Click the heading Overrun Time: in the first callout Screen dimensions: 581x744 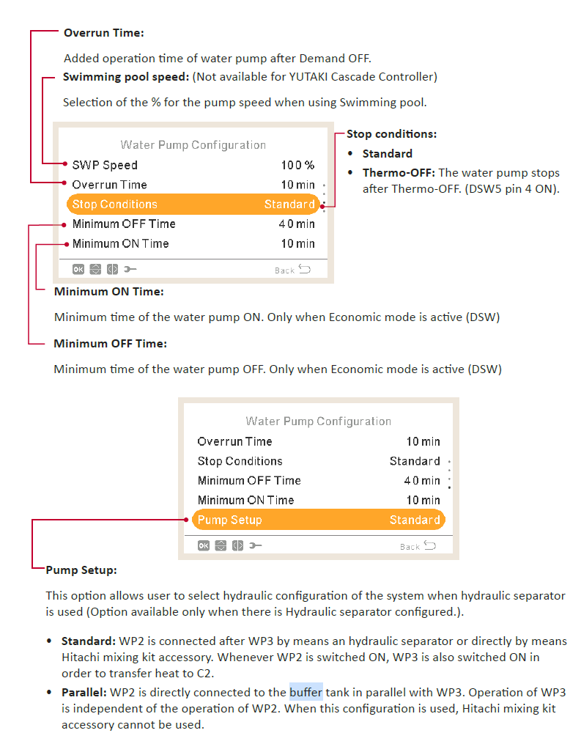coord(104,33)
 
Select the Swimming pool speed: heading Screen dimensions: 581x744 coord(126,77)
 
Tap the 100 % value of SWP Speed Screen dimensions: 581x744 coord(298,165)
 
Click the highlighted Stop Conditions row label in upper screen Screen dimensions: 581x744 coord(115,204)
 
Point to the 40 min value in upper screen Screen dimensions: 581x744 coord(297,224)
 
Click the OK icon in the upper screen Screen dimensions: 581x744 coord(78,270)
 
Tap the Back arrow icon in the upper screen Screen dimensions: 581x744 coord(305,270)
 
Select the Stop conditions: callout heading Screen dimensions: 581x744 coord(392,134)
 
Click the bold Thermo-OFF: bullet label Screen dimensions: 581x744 coord(399,173)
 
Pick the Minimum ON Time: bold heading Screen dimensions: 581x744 coord(109,291)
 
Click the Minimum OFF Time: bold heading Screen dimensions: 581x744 coord(111,344)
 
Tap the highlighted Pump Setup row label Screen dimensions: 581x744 coord(229,520)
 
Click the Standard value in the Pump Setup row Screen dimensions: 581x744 coord(415,520)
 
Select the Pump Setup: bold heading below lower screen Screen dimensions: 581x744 coord(81,570)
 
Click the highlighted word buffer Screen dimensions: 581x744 coord(306,692)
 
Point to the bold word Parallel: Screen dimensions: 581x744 coord(84,692)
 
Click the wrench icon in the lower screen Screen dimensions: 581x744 coord(256,545)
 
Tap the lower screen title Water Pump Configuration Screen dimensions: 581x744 coord(318,421)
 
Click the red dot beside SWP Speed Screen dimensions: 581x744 coord(65,163)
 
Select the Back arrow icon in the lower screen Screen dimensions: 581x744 coord(430,545)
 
